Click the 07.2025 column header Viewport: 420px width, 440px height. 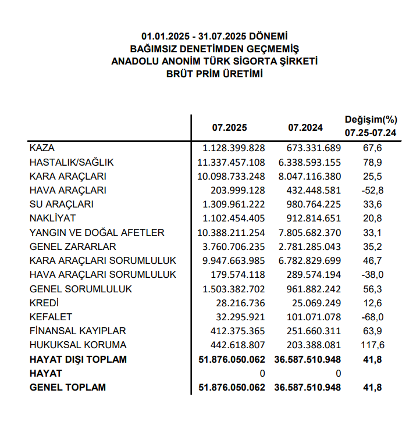229,127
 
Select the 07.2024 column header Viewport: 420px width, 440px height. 305,127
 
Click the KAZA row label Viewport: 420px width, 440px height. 42,148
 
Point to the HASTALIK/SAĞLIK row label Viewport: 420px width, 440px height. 72,162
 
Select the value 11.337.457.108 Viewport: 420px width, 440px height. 231,162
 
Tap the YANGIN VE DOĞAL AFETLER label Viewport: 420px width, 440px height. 97,232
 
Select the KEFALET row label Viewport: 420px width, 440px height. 51,317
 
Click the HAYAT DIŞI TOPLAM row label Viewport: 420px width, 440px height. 78,360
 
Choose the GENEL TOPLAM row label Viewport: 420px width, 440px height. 67,387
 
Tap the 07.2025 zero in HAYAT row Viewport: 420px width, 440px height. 262,373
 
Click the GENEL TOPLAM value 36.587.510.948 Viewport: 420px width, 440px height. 307,387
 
